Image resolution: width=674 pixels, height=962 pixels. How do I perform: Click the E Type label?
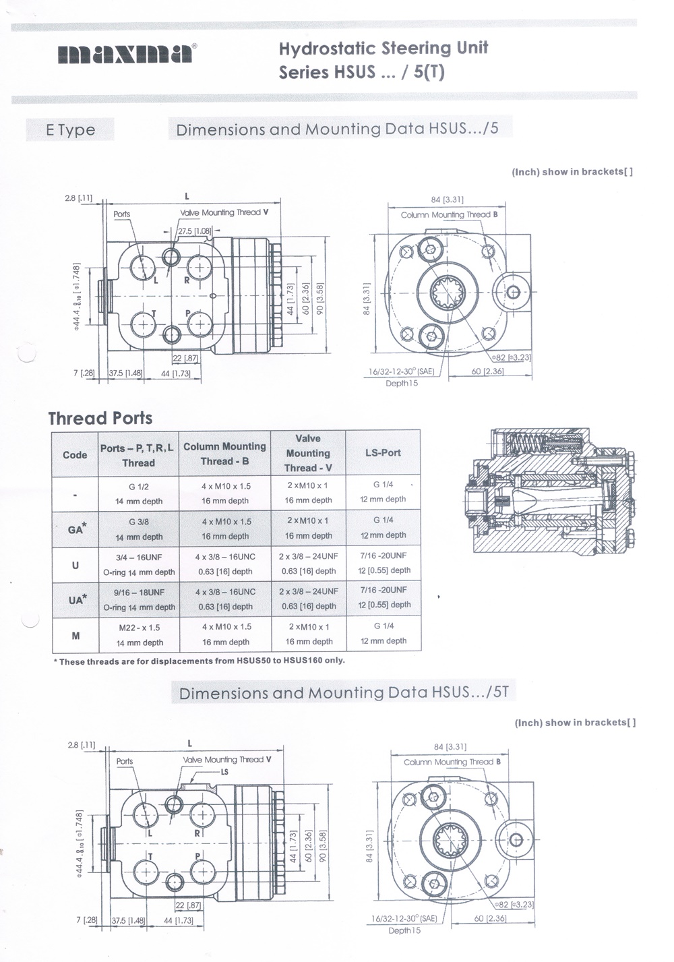70,130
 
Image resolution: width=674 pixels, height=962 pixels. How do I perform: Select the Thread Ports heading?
100,418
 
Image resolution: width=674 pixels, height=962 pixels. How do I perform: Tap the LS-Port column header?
383,452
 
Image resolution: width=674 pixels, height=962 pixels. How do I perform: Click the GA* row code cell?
75,529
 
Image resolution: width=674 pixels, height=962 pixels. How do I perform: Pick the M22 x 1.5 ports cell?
140,634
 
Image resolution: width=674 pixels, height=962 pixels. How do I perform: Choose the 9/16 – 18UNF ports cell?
139,599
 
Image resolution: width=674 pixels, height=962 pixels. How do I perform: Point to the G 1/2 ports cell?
139,493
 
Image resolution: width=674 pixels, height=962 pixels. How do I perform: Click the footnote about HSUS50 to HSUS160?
199,661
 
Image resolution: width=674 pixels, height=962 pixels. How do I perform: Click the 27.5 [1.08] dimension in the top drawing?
193,231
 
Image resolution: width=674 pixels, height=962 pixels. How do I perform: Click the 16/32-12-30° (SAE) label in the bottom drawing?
404,918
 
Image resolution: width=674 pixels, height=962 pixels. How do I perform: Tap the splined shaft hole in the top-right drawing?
447,293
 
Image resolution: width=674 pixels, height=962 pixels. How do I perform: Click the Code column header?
75,454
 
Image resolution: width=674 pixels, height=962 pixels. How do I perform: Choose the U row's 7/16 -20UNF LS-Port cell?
383,562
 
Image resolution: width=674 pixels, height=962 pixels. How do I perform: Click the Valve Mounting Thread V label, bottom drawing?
227,759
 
